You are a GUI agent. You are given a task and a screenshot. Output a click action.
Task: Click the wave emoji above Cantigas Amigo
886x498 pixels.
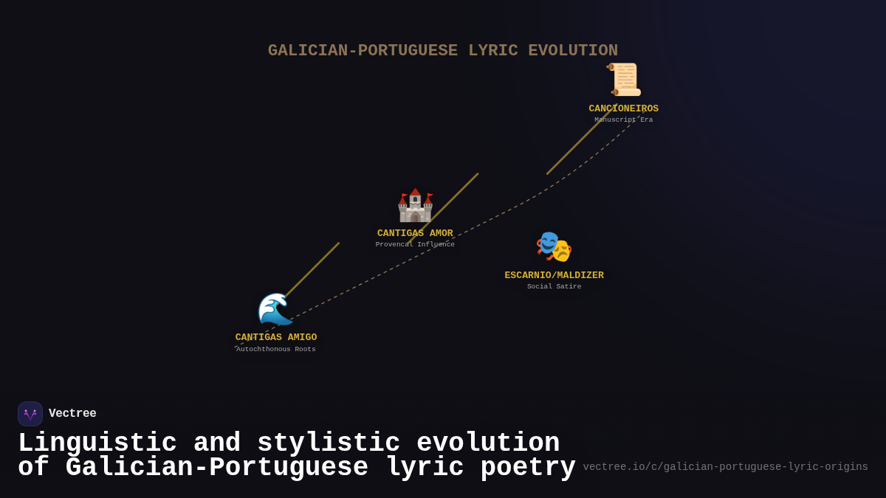click(x=275, y=309)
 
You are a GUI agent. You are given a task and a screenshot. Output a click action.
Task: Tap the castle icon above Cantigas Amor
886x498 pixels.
click(x=415, y=205)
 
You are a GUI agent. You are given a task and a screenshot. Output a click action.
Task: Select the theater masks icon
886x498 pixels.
click(x=554, y=247)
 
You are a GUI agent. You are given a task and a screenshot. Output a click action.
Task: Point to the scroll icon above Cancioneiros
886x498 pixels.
click(x=624, y=80)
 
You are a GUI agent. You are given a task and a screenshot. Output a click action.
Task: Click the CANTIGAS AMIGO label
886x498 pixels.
click(x=276, y=337)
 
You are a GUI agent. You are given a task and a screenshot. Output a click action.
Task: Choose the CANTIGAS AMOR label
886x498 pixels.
click(x=415, y=233)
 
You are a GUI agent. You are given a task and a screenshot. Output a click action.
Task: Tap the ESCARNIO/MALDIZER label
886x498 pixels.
click(x=554, y=275)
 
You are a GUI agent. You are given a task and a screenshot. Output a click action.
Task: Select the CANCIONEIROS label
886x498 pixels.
click(x=624, y=108)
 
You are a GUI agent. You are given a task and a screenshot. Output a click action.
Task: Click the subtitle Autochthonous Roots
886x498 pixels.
click(x=276, y=350)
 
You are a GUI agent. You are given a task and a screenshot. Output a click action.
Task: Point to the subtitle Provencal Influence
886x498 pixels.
click(x=415, y=245)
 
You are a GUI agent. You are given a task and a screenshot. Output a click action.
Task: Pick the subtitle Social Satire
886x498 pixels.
click(x=554, y=287)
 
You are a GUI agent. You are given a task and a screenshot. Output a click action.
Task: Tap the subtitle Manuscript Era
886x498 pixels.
click(x=624, y=120)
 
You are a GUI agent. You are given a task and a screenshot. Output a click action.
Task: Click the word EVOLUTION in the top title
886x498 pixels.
click(x=573, y=51)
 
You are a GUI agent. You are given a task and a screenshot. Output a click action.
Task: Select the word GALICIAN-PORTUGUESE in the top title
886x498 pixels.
click(x=363, y=51)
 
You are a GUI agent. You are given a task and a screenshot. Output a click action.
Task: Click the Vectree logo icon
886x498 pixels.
click(x=30, y=414)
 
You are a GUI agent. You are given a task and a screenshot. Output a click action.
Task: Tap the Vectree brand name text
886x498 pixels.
click(x=72, y=414)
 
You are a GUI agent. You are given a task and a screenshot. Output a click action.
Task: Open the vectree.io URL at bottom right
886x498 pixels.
click(x=725, y=467)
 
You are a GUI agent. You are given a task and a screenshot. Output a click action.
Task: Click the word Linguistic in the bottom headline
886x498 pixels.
click(x=97, y=443)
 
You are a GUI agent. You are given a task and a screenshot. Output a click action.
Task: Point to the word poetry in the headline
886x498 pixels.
click(x=528, y=468)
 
